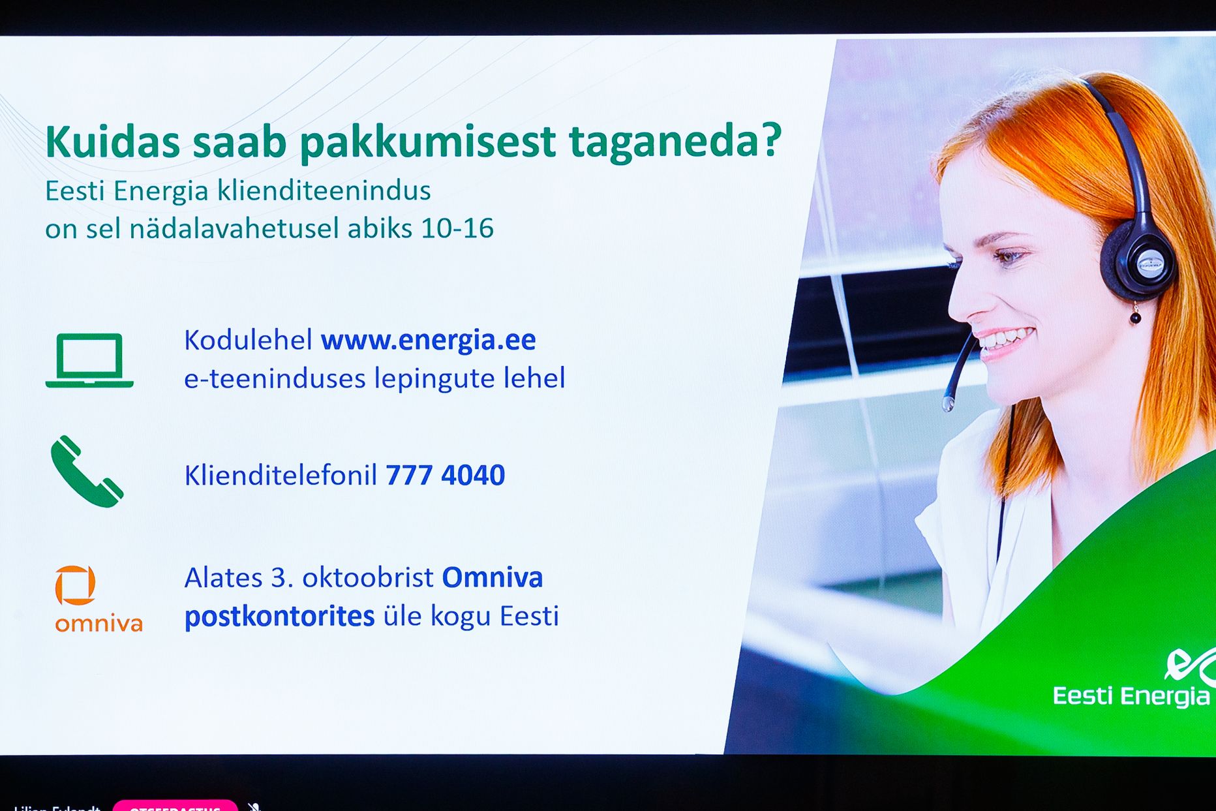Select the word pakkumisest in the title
tap(427, 142)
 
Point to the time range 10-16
tap(457, 228)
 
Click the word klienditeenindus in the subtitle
tap(324, 191)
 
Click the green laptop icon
tap(89, 360)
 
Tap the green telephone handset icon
tap(86, 471)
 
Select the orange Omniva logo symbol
tap(76, 585)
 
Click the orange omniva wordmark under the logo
tap(99, 624)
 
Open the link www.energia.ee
tap(428, 340)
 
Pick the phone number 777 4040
tap(445, 475)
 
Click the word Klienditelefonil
tap(281, 475)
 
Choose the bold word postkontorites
tap(279, 616)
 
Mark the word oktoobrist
tap(367, 577)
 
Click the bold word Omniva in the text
tap(493, 577)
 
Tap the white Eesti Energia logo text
tap(1131, 696)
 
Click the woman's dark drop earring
tap(1136, 317)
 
